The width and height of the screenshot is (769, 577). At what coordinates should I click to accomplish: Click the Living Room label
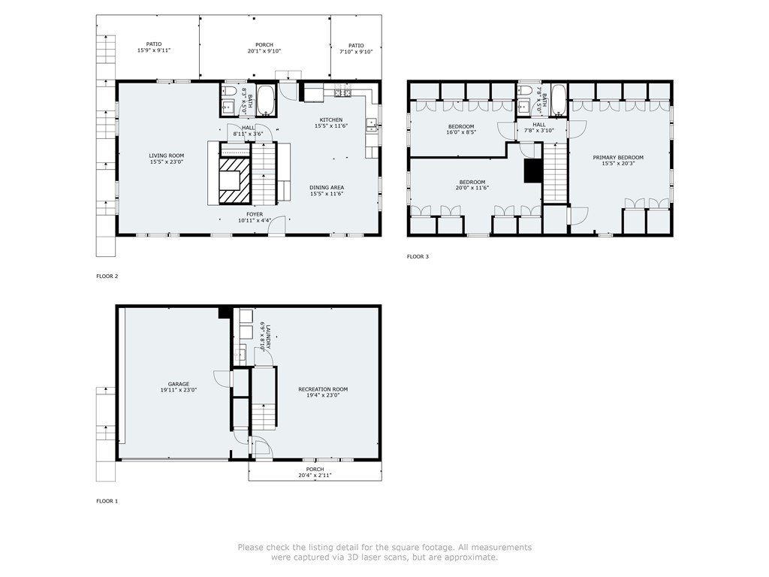pos(167,156)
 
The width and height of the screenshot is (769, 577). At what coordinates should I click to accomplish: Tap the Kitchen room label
pos(331,119)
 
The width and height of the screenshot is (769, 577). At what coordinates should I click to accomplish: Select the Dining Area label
pos(327,187)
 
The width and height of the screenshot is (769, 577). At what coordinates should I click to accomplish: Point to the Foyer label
pos(255,214)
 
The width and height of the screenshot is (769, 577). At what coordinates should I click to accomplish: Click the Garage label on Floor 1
pos(179,384)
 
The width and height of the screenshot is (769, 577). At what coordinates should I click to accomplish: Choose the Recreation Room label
pos(323,390)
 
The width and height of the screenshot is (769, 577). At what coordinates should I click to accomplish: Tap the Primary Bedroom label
pos(618,158)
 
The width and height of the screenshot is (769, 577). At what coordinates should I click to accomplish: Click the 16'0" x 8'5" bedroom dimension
pos(461,132)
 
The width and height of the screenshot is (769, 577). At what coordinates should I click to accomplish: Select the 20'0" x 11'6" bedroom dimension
pos(472,187)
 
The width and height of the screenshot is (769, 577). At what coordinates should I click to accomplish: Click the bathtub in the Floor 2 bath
pos(267,101)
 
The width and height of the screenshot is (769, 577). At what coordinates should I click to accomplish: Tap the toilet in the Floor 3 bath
pos(524,91)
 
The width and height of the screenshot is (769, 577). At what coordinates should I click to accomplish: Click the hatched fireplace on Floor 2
pos(234,180)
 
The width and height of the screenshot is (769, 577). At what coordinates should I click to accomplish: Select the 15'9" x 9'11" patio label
pos(153,47)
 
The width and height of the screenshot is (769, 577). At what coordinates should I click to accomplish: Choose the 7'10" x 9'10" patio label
pos(356,49)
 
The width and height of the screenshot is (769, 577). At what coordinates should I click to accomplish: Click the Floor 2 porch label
pos(264,47)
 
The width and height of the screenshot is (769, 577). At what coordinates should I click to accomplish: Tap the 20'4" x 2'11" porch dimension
pos(315,475)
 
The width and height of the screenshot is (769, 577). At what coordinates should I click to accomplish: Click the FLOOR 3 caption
pos(418,257)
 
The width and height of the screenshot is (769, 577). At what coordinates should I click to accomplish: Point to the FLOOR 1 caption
pos(107,501)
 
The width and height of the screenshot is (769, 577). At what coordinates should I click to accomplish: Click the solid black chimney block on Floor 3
pos(532,171)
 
